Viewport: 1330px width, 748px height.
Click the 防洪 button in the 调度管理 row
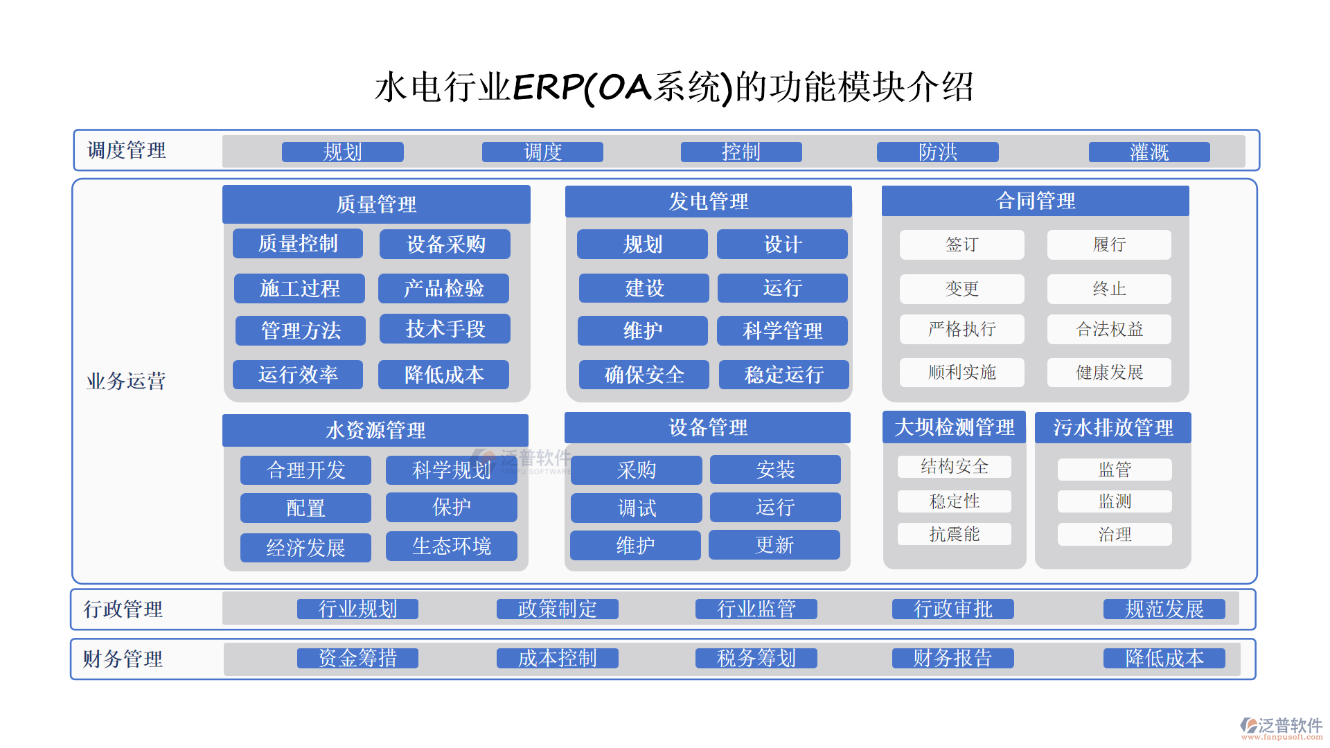pos(937,152)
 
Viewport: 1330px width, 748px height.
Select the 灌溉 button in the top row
pos(1149,152)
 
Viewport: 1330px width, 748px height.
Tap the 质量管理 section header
pos(376,204)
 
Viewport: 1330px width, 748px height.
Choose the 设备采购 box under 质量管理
pos(445,244)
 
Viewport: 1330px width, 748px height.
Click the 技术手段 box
pos(445,329)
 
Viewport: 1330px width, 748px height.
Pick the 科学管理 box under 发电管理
pos(782,330)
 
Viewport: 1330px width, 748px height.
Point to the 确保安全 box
pos(644,375)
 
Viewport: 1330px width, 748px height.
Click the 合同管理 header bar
pos(1035,201)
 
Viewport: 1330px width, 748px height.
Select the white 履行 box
pos(1109,244)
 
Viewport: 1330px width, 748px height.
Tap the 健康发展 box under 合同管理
pos(1109,373)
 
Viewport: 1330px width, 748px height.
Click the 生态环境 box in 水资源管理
pos(451,546)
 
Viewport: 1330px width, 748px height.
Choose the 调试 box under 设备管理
pos(636,508)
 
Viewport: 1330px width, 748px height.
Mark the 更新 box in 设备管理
pos(774,545)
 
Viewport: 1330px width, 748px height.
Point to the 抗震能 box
pos(955,534)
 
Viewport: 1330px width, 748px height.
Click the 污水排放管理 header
pos(1113,427)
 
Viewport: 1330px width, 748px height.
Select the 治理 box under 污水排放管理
pos(1115,534)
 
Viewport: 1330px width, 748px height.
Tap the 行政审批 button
pos(953,609)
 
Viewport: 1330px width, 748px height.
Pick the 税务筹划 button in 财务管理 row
pos(756,658)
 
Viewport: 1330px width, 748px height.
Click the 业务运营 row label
pos(126,381)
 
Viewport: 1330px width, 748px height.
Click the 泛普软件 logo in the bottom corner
pos(1281,728)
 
